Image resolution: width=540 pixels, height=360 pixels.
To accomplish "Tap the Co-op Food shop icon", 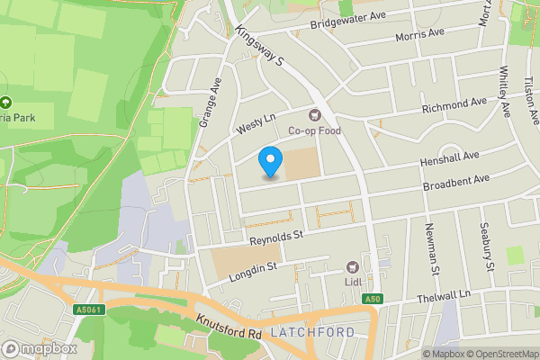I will tap(315, 114).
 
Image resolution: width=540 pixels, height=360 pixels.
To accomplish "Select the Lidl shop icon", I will tap(353, 267).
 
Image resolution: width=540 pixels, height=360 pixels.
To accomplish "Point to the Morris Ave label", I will tap(420, 34).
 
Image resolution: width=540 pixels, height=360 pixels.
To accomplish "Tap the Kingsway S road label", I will tap(260, 44).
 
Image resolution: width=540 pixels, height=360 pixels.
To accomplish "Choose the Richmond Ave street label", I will tap(454, 105).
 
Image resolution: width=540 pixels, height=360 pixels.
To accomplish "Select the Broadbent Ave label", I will tap(456, 184).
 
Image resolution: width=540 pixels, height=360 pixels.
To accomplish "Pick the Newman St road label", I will tap(431, 248).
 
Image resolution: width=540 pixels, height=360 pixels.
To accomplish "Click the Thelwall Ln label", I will tap(445, 297).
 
